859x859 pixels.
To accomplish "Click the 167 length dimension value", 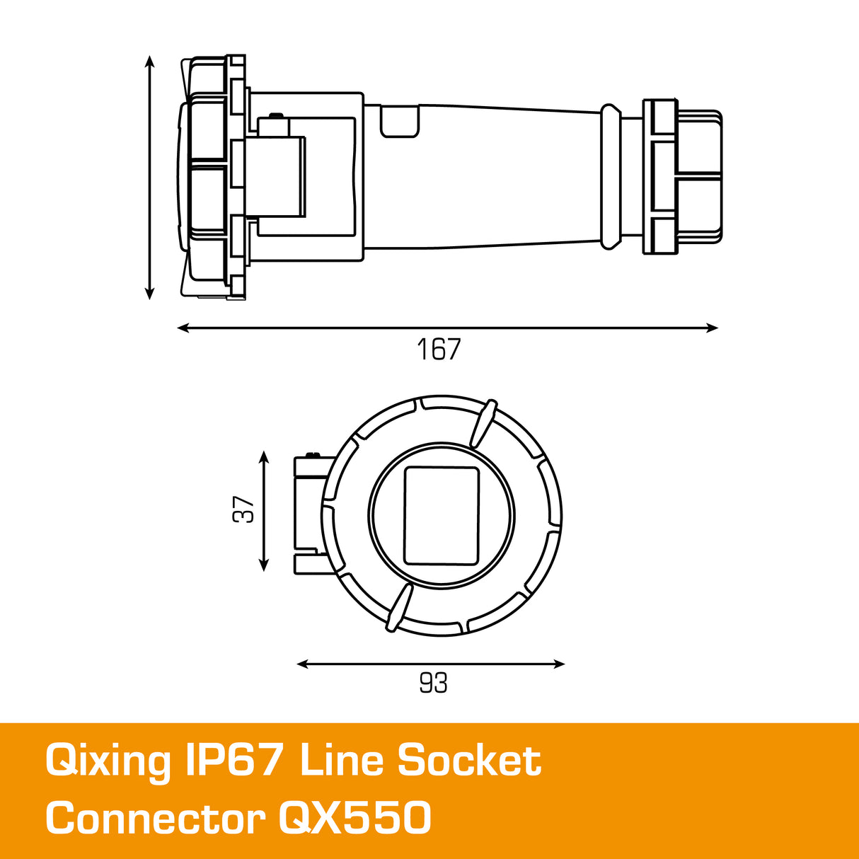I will (439, 350).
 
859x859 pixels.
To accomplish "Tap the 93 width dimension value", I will (433, 683).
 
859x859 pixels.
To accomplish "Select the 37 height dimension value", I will (243, 509).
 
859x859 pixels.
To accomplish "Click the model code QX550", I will (354, 819).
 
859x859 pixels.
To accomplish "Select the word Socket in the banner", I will (469, 761).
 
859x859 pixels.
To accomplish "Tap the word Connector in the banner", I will (155, 819).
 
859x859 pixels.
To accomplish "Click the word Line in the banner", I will (342, 761).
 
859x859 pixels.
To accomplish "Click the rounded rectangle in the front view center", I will (441, 516).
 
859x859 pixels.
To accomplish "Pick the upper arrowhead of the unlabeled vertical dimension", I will (149, 62).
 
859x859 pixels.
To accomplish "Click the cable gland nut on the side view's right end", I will (682, 176).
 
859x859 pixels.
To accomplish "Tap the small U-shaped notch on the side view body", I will (399, 121).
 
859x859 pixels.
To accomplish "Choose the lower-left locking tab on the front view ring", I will (398, 608).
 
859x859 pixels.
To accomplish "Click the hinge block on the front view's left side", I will (310, 513).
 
